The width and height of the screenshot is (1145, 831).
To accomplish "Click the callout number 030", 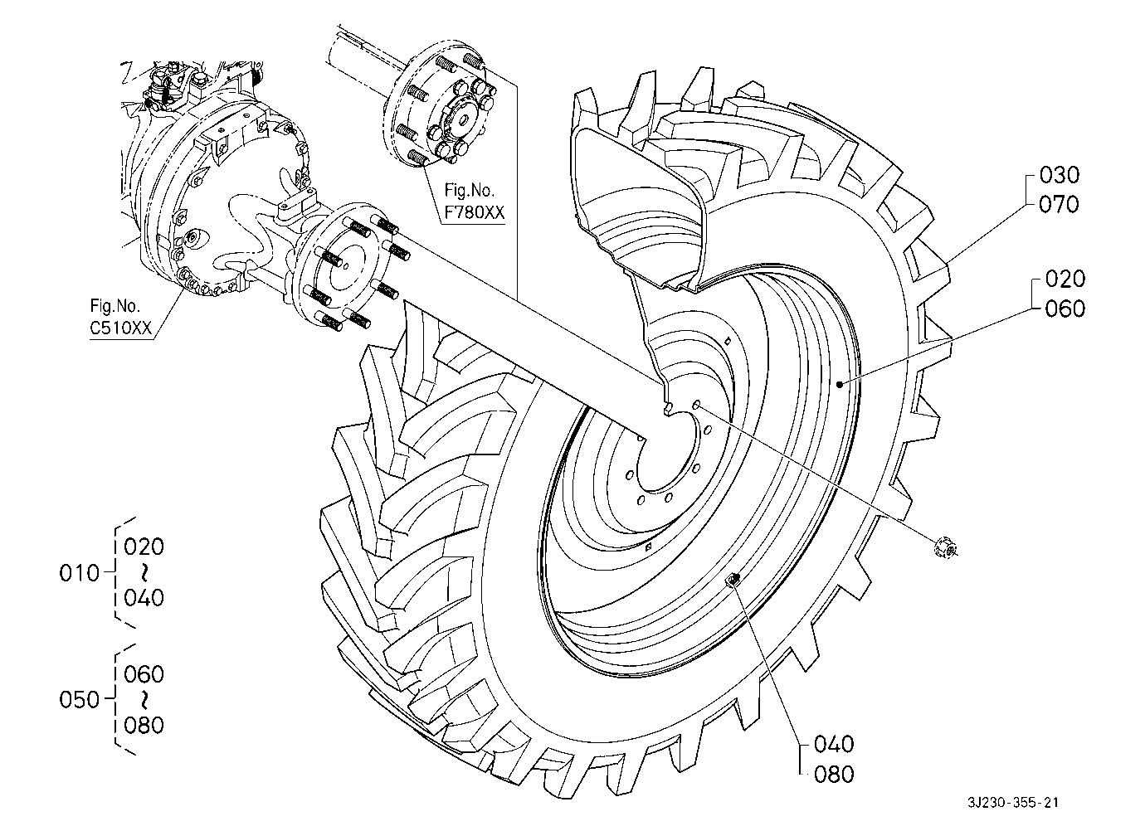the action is tap(1059, 175).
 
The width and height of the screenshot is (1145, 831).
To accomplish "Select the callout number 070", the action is tap(1059, 204).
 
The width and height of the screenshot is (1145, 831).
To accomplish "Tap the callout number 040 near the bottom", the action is tap(834, 744).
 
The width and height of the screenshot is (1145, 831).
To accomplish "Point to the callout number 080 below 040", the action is tap(834, 775).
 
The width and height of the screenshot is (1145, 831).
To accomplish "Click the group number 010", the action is tap(79, 573).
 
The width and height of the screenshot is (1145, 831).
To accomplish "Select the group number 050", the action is tap(79, 700).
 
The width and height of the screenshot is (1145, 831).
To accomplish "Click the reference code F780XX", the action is tap(475, 212).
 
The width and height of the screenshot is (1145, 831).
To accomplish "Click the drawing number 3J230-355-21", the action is tap(1012, 803).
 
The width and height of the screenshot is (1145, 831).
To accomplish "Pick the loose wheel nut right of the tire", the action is tap(945, 549).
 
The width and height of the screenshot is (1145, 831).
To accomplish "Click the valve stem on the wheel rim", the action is tap(733, 579).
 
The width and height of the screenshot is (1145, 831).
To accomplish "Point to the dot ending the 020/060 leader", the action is tap(840, 384).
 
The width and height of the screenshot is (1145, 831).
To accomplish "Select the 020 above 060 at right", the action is tap(1065, 279).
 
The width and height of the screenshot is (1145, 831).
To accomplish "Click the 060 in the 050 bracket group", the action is tap(144, 674).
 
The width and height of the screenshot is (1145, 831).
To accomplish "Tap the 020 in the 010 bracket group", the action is tap(144, 547).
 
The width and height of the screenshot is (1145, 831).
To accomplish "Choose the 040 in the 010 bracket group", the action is tap(144, 598).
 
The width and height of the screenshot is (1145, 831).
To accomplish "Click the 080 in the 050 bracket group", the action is tap(144, 725).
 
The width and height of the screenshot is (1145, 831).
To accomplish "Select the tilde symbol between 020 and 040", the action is tap(144, 573).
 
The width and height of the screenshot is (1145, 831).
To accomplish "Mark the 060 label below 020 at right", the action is tap(1065, 309).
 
